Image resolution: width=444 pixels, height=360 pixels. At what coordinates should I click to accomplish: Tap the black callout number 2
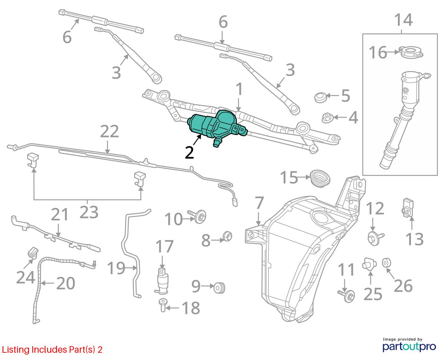click(x=189, y=152)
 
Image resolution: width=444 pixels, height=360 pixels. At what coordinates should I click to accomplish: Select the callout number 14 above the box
click(x=403, y=20)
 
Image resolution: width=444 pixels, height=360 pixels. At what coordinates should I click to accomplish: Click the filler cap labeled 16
click(x=411, y=52)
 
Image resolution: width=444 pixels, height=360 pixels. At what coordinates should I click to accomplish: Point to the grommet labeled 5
click(x=320, y=98)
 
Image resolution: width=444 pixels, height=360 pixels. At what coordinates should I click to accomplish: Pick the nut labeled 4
click(x=328, y=118)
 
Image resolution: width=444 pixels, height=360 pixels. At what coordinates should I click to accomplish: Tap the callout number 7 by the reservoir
click(x=259, y=203)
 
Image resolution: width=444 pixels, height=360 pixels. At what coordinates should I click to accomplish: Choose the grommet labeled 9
click(x=219, y=288)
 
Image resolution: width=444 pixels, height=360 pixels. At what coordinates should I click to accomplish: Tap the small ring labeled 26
click(x=386, y=263)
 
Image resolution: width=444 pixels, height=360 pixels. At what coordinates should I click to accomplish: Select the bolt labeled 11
click(x=346, y=295)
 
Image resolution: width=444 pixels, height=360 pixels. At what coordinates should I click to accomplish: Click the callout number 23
click(x=89, y=212)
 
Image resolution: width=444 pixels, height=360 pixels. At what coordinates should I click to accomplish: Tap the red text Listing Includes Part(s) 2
click(x=52, y=349)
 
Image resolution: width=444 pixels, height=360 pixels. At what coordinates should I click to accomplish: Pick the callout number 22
click(x=110, y=131)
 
